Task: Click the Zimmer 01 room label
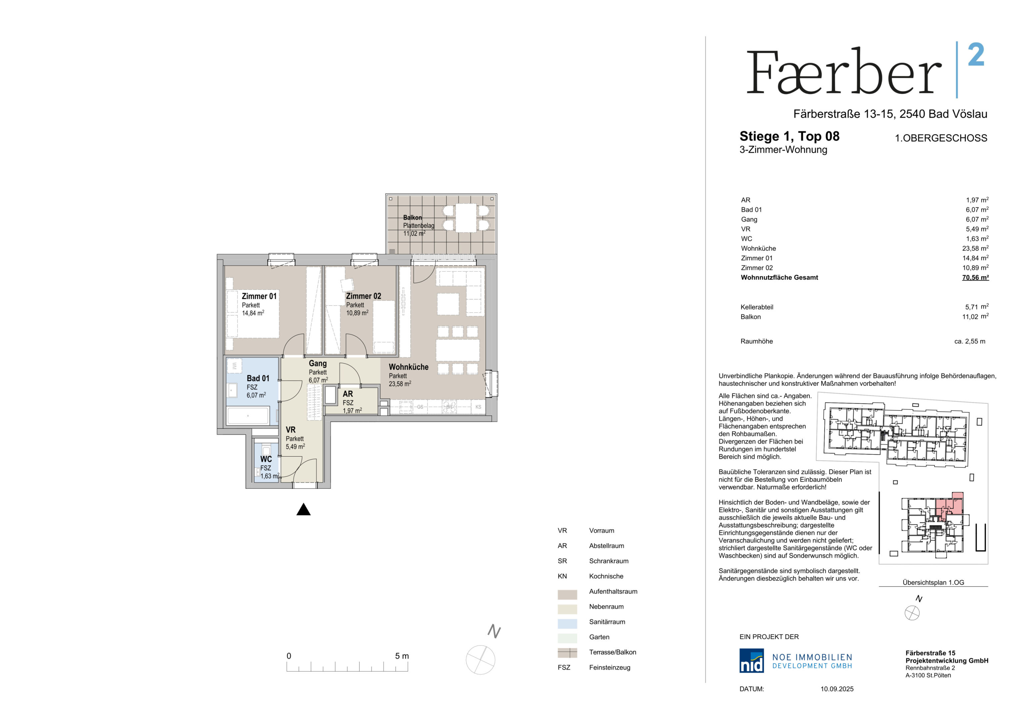(x=259, y=296)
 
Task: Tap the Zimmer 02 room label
(x=363, y=296)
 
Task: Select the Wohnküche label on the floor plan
(x=408, y=367)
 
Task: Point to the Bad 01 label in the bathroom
(x=258, y=378)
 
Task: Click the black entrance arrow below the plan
(x=303, y=509)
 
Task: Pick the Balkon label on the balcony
(x=412, y=217)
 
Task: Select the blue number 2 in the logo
(x=976, y=55)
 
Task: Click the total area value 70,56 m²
(x=975, y=277)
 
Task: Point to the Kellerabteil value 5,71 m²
(x=977, y=307)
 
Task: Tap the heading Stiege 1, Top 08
(x=789, y=136)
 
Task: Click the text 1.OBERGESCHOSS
(x=941, y=138)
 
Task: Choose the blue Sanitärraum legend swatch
(x=567, y=623)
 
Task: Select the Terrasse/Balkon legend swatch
(x=567, y=652)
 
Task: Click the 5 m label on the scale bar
(x=402, y=656)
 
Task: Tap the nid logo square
(x=751, y=660)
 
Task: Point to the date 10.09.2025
(x=837, y=689)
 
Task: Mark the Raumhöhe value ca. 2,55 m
(x=970, y=341)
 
